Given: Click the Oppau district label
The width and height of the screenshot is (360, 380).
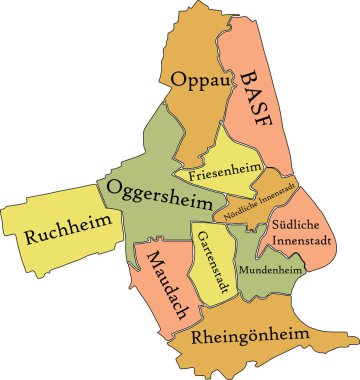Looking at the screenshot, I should point(201,80).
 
